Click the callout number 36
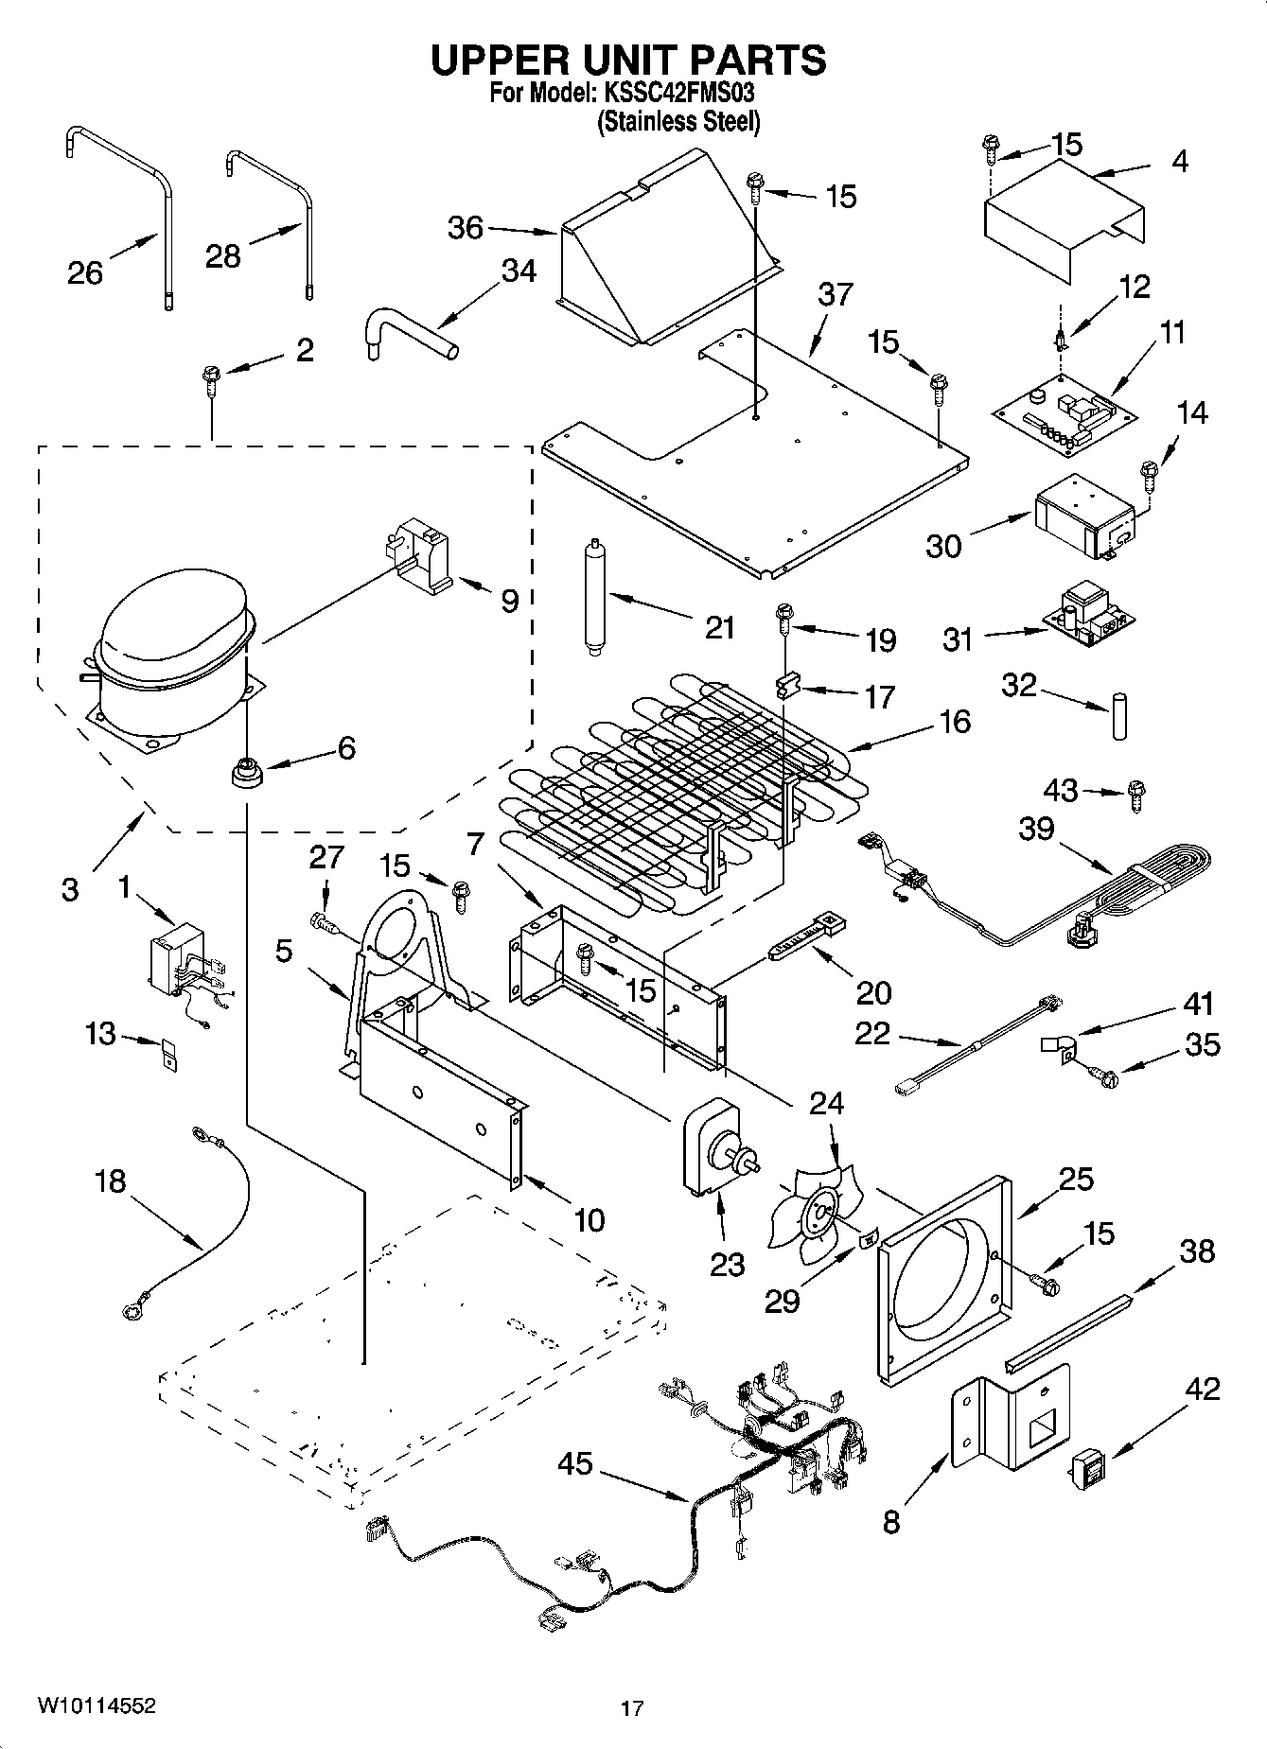click(466, 228)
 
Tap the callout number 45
click(574, 1463)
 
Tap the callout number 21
click(720, 627)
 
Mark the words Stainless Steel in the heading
click(677, 122)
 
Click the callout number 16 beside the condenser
click(955, 722)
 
